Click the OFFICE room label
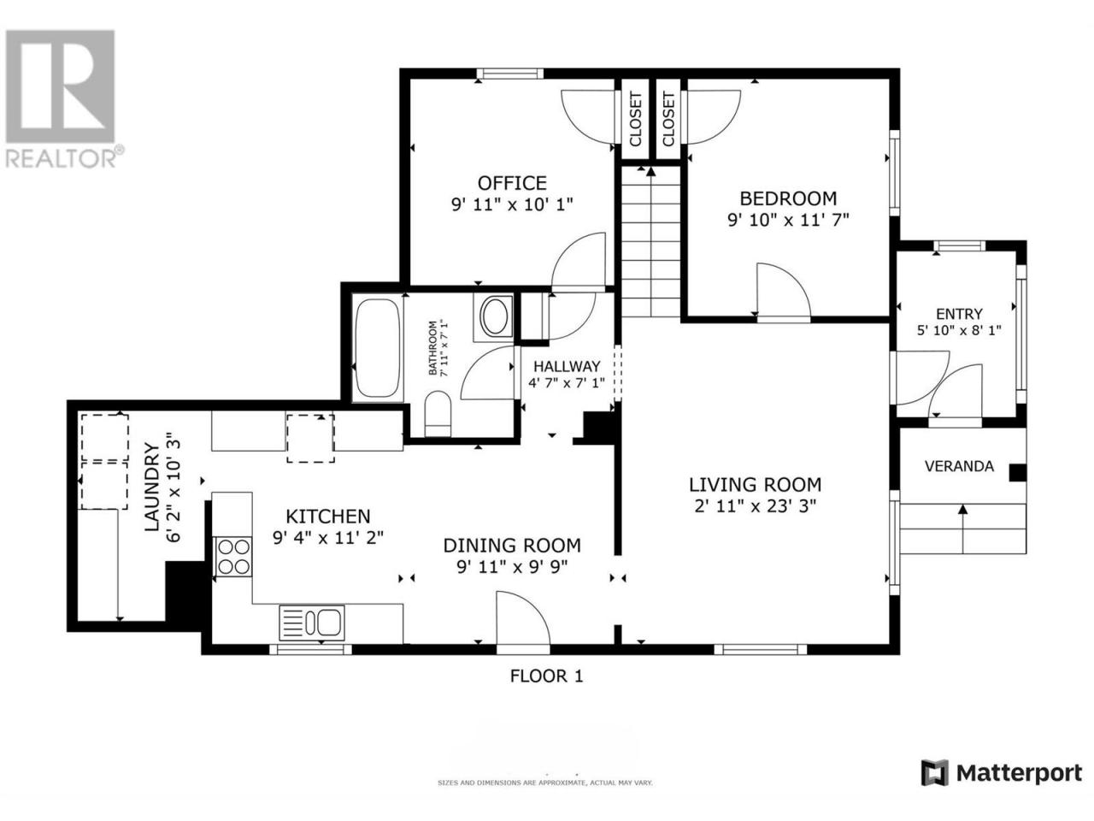512,183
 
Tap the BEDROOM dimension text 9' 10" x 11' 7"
788,219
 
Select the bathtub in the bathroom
377,347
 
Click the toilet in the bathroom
438,413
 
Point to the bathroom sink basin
494,316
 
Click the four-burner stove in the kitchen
233,557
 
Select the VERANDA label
959,466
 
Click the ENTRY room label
959,314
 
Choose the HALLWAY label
567,366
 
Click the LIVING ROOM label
755,484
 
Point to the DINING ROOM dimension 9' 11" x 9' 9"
512,567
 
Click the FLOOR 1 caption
546,676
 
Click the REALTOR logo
62,98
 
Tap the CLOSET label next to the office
636,120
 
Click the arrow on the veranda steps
963,529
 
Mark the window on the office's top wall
509,74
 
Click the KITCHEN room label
328,516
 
